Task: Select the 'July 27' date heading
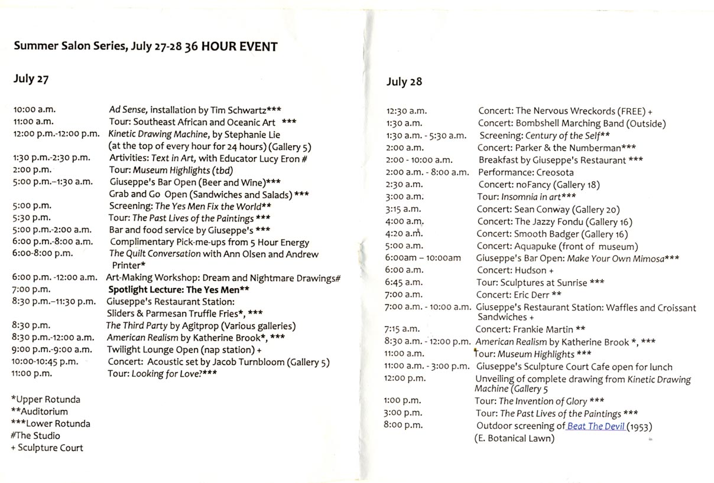coord(31,79)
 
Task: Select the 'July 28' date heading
coord(404,81)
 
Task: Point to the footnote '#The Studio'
coord(35,436)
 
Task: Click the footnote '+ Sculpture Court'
coord(47,448)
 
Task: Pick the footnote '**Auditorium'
coord(39,412)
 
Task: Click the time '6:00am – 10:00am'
coord(423,258)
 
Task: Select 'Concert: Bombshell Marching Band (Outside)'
coord(572,123)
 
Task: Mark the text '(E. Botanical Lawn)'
coord(514,438)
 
